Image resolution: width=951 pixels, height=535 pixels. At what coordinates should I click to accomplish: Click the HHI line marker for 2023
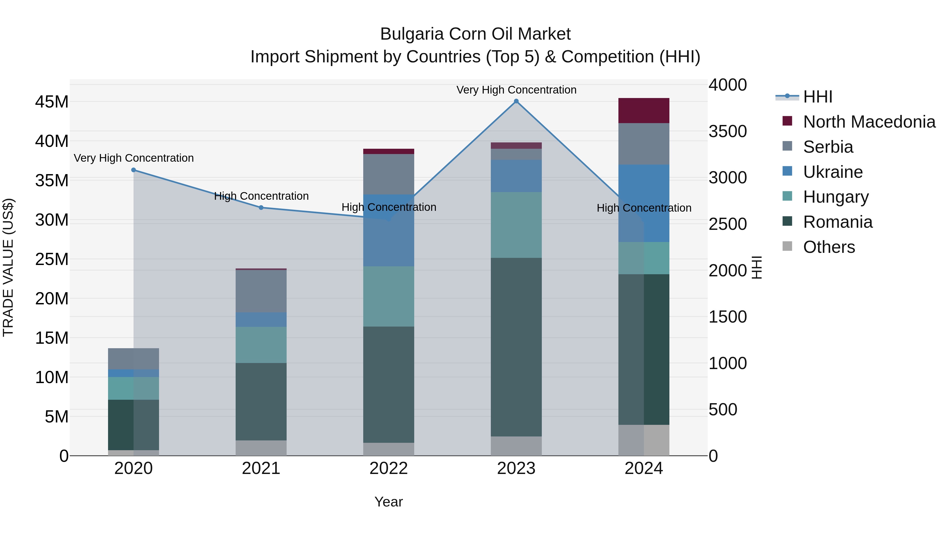[516, 101]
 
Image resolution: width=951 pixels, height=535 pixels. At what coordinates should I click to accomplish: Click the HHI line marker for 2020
[134, 170]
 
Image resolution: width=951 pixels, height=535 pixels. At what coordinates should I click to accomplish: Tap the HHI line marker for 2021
[261, 207]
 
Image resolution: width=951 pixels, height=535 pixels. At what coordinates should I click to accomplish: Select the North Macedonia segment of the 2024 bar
[644, 111]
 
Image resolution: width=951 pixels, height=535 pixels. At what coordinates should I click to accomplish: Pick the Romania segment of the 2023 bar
[516, 347]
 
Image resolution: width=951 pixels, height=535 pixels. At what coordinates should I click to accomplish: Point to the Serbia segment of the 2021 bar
[261, 291]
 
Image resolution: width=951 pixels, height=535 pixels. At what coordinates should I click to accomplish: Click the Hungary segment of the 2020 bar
[133, 388]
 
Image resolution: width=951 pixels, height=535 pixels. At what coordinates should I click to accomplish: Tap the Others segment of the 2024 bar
[644, 440]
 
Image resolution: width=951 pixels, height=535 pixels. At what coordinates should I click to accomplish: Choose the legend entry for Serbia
[828, 147]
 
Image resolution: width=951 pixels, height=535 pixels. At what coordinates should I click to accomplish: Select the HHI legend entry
[817, 97]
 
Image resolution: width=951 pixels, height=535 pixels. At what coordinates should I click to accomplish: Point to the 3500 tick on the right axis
[727, 132]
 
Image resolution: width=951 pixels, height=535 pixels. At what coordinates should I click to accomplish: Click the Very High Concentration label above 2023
[516, 90]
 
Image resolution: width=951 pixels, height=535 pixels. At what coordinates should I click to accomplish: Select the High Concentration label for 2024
[644, 208]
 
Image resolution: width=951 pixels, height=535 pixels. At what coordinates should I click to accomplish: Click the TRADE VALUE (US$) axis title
[8, 267]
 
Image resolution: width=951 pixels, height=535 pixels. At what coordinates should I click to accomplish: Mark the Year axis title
[388, 502]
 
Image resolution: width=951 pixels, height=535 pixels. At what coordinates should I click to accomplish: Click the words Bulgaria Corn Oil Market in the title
[475, 34]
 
